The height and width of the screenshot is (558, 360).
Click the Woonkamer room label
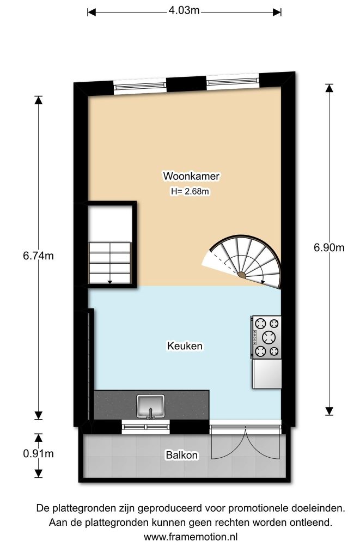[x=191, y=176]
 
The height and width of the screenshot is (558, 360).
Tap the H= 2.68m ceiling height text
[x=190, y=191]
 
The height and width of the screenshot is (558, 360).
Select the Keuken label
[x=185, y=346]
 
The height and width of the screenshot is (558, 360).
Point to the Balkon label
[x=181, y=455]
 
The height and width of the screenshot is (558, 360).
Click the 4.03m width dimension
[x=184, y=11]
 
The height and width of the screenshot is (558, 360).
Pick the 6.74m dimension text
[x=39, y=256]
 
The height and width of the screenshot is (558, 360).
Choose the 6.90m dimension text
[x=329, y=247]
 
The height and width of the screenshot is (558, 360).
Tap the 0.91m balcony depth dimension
[x=39, y=454]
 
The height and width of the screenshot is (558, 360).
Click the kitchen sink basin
[x=150, y=405]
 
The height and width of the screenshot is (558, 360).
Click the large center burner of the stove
[x=269, y=337]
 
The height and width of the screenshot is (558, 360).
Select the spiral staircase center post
[x=242, y=275]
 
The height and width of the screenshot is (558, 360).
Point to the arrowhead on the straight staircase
[x=109, y=282]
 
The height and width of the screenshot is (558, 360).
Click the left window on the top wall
[x=140, y=86]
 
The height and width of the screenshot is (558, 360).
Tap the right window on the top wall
[x=233, y=81]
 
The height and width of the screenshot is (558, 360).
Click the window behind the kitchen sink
[x=146, y=427]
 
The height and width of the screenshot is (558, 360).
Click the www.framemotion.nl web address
[x=191, y=536]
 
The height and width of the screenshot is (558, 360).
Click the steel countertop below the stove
[x=267, y=374]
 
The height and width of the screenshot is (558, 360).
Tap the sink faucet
[x=150, y=413]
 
